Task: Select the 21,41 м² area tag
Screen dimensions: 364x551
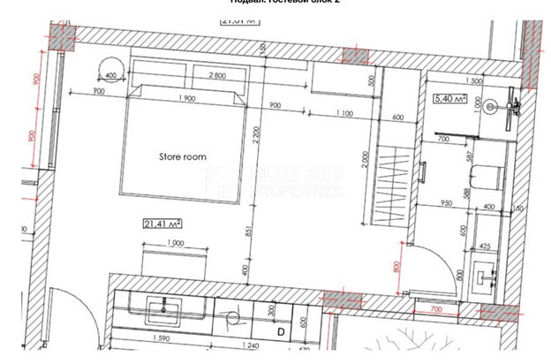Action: (x=162, y=224)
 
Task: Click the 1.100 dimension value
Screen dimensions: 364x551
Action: (x=343, y=112)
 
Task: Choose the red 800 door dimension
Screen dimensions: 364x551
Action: (x=399, y=263)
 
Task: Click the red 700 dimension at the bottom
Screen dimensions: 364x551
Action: (x=434, y=310)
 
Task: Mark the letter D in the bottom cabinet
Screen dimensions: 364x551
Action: (x=280, y=332)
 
